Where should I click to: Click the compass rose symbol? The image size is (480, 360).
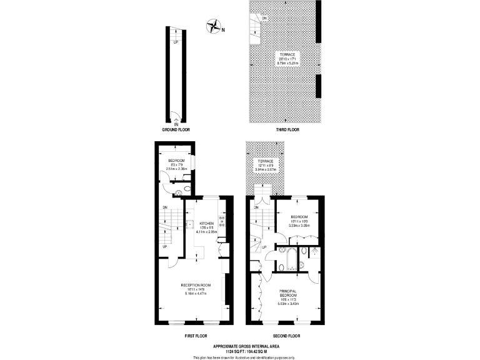(x=214, y=26)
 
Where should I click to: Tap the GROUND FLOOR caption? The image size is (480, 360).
(x=176, y=130)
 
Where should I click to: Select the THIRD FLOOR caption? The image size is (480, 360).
(x=287, y=130)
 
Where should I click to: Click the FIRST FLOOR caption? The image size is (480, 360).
(x=195, y=336)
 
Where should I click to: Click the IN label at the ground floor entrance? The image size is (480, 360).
(x=176, y=125)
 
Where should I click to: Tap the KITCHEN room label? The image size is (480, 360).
(x=207, y=223)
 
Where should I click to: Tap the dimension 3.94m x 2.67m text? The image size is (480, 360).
(x=266, y=169)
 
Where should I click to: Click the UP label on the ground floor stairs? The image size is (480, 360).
(x=176, y=42)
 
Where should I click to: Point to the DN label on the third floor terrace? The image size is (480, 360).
(x=264, y=18)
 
